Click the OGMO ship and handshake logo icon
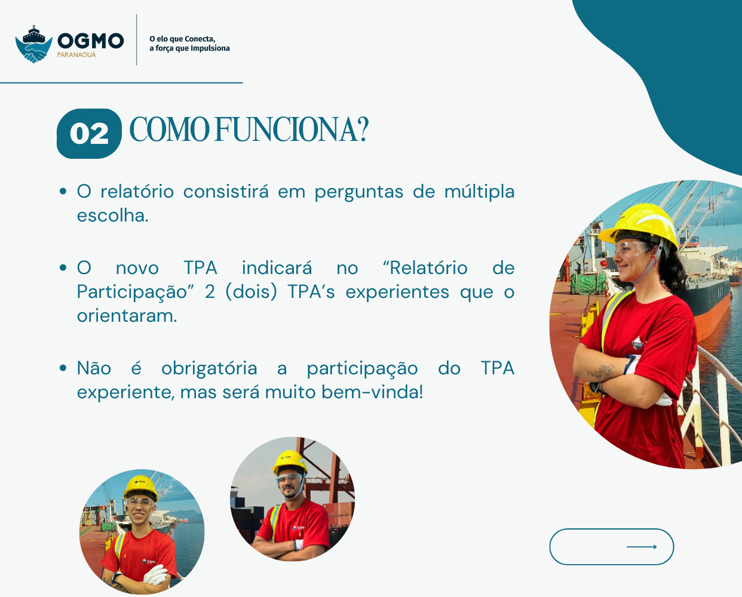tap(34, 44)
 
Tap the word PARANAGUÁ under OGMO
tap(76, 55)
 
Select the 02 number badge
tap(89, 134)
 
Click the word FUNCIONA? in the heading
tap(292, 130)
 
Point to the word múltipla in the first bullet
tap(479, 192)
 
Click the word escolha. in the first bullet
tap(113, 216)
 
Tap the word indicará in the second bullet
tap(277, 268)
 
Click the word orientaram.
tap(127, 316)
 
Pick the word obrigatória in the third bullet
tap(209, 368)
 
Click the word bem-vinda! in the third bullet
tap(372, 392)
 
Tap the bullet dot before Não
tap(63, 368)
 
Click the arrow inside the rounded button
tap(642, 547)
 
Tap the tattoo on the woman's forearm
tap(601, 371)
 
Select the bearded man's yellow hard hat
tap(290, 462)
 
